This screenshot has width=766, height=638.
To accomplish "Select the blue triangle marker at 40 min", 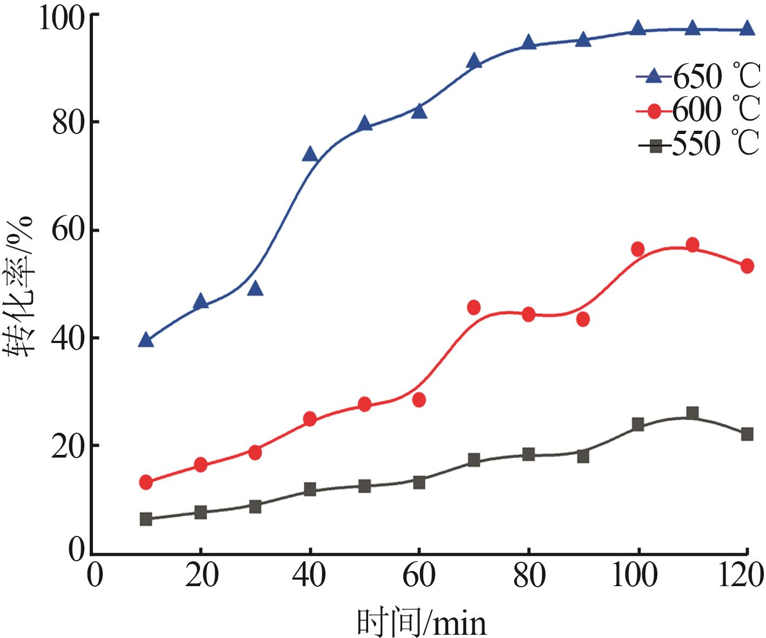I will [x=310, y=155].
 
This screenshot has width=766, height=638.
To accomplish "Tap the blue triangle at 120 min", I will [x=747, y=29].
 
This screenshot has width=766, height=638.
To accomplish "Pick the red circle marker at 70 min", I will [x=474, y=307].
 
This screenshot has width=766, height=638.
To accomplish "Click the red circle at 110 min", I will [x=692, y=245].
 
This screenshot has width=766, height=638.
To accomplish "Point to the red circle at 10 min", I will [x=146, y=482].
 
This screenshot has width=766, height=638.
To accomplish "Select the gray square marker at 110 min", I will [x=692, y=413].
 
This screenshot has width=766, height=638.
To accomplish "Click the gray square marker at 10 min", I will [x=146, y=519].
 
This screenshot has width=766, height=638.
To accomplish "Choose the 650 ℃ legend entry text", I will [x=716, y=77].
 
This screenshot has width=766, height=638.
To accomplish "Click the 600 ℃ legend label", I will [x=716, y=110].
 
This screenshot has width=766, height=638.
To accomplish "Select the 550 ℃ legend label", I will [x=716, y=144].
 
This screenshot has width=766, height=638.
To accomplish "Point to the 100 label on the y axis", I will [x=62, y=19].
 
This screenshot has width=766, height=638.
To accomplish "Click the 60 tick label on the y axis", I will [x=69, y=231].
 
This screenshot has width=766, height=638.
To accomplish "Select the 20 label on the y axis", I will [x=69, y=446].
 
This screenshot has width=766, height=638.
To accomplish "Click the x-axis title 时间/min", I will [x=422, y=623].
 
